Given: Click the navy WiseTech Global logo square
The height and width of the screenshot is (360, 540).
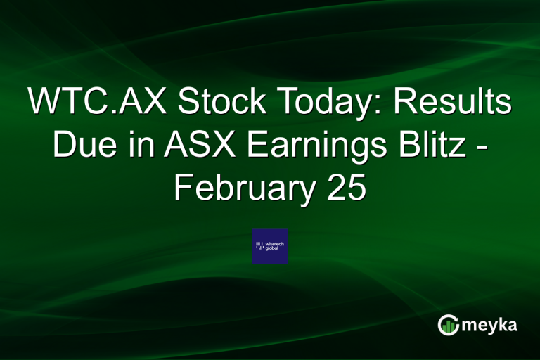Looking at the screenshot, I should pos(270,246).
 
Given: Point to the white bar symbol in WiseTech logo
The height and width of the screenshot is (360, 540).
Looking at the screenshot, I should pos(259,245).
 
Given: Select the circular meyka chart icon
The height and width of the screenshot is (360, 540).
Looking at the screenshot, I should pos(448,325).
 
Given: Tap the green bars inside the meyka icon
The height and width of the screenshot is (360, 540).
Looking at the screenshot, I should pos(449,327).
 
